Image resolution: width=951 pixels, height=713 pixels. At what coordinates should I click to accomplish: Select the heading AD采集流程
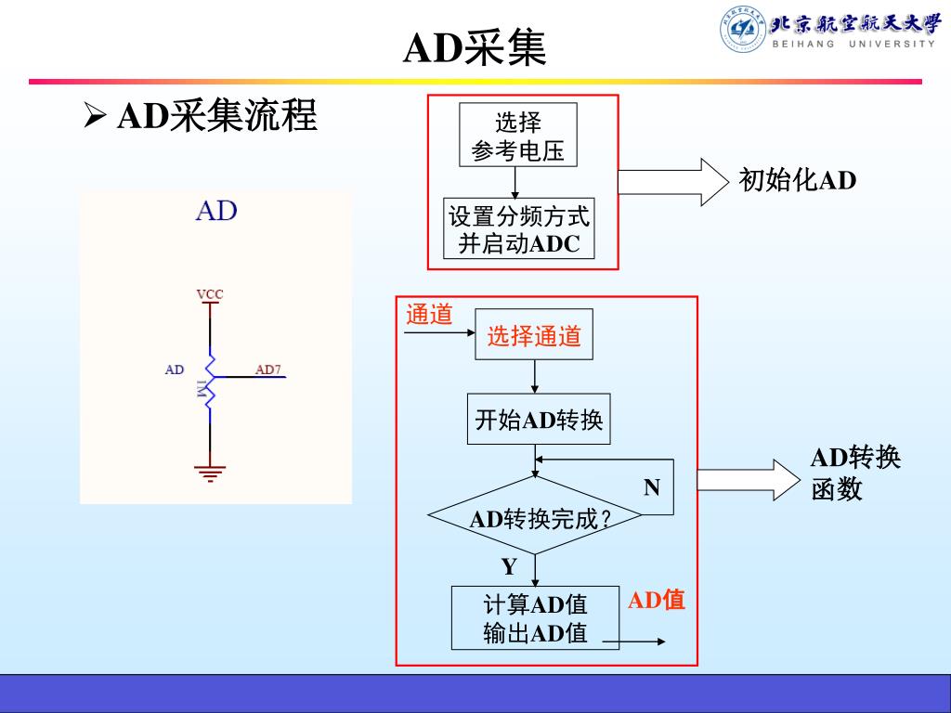click(217, 116)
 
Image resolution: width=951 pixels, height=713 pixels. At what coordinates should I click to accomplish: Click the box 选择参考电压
click(517, 136)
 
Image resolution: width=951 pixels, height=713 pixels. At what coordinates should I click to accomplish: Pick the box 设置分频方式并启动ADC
click(518, 229)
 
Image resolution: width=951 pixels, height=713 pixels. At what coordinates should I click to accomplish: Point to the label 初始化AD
click(797, 180)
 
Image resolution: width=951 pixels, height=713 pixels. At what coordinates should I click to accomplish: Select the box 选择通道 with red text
click(534, 336)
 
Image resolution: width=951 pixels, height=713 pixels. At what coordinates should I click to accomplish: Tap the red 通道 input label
click(429, 315)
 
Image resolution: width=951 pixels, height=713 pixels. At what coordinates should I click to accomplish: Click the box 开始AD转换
click(538, 421)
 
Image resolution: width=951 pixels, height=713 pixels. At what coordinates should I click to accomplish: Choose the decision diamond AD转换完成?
click(535, 517)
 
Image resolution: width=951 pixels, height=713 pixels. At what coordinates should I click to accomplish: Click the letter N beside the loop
click(652, 487)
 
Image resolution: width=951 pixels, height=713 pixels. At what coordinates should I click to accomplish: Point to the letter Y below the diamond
click(509, 566)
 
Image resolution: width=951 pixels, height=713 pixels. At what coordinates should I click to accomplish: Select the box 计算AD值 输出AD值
click(535, 617)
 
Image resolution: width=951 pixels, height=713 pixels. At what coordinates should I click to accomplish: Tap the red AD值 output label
click(657, 601)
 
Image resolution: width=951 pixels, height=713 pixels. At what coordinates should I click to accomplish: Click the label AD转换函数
click(854, 473)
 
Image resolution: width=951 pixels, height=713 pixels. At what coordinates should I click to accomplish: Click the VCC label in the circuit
click(210, 294)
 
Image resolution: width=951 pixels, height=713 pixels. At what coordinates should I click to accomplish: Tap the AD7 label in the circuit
click(268, 369)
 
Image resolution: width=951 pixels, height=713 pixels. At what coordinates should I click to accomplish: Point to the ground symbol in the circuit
click(210, 473)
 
